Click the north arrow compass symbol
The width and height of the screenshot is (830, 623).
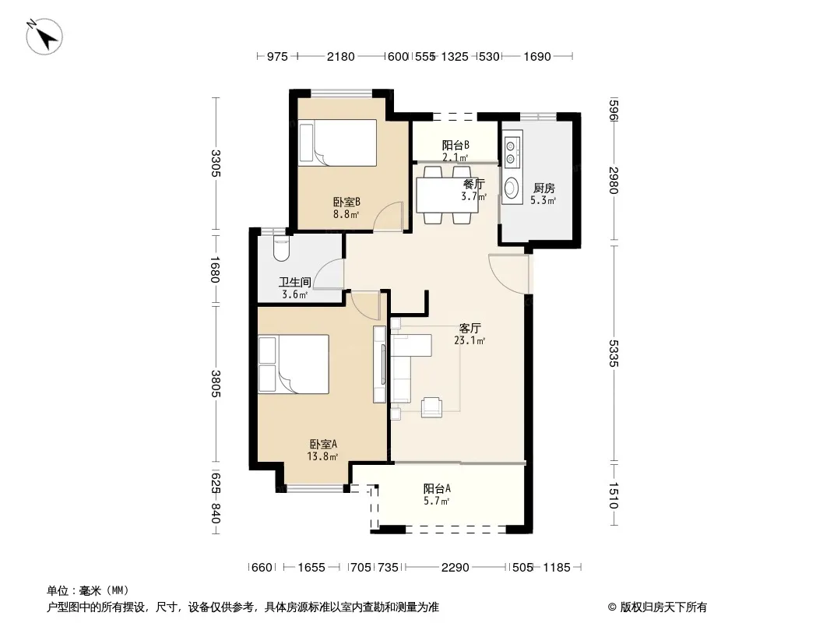44,37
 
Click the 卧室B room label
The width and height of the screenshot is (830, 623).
346,202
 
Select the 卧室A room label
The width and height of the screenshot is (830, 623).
323,444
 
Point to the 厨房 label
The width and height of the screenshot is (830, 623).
543,188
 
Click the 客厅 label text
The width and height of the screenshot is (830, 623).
470,328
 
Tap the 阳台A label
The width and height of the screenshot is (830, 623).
437,488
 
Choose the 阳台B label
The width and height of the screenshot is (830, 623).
455,145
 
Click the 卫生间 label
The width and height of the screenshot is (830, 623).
295,282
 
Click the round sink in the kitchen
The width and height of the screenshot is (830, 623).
512,188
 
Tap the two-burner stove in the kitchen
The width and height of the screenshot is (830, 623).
511,151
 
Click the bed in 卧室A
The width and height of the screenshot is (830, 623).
294,364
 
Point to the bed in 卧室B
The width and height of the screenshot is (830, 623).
337,143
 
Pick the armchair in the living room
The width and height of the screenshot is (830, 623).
431,407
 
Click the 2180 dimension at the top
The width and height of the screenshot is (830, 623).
340,56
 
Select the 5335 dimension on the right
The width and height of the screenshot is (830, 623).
614,353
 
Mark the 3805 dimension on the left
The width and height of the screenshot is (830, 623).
216,383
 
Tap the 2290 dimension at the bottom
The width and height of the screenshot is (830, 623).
455,568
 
